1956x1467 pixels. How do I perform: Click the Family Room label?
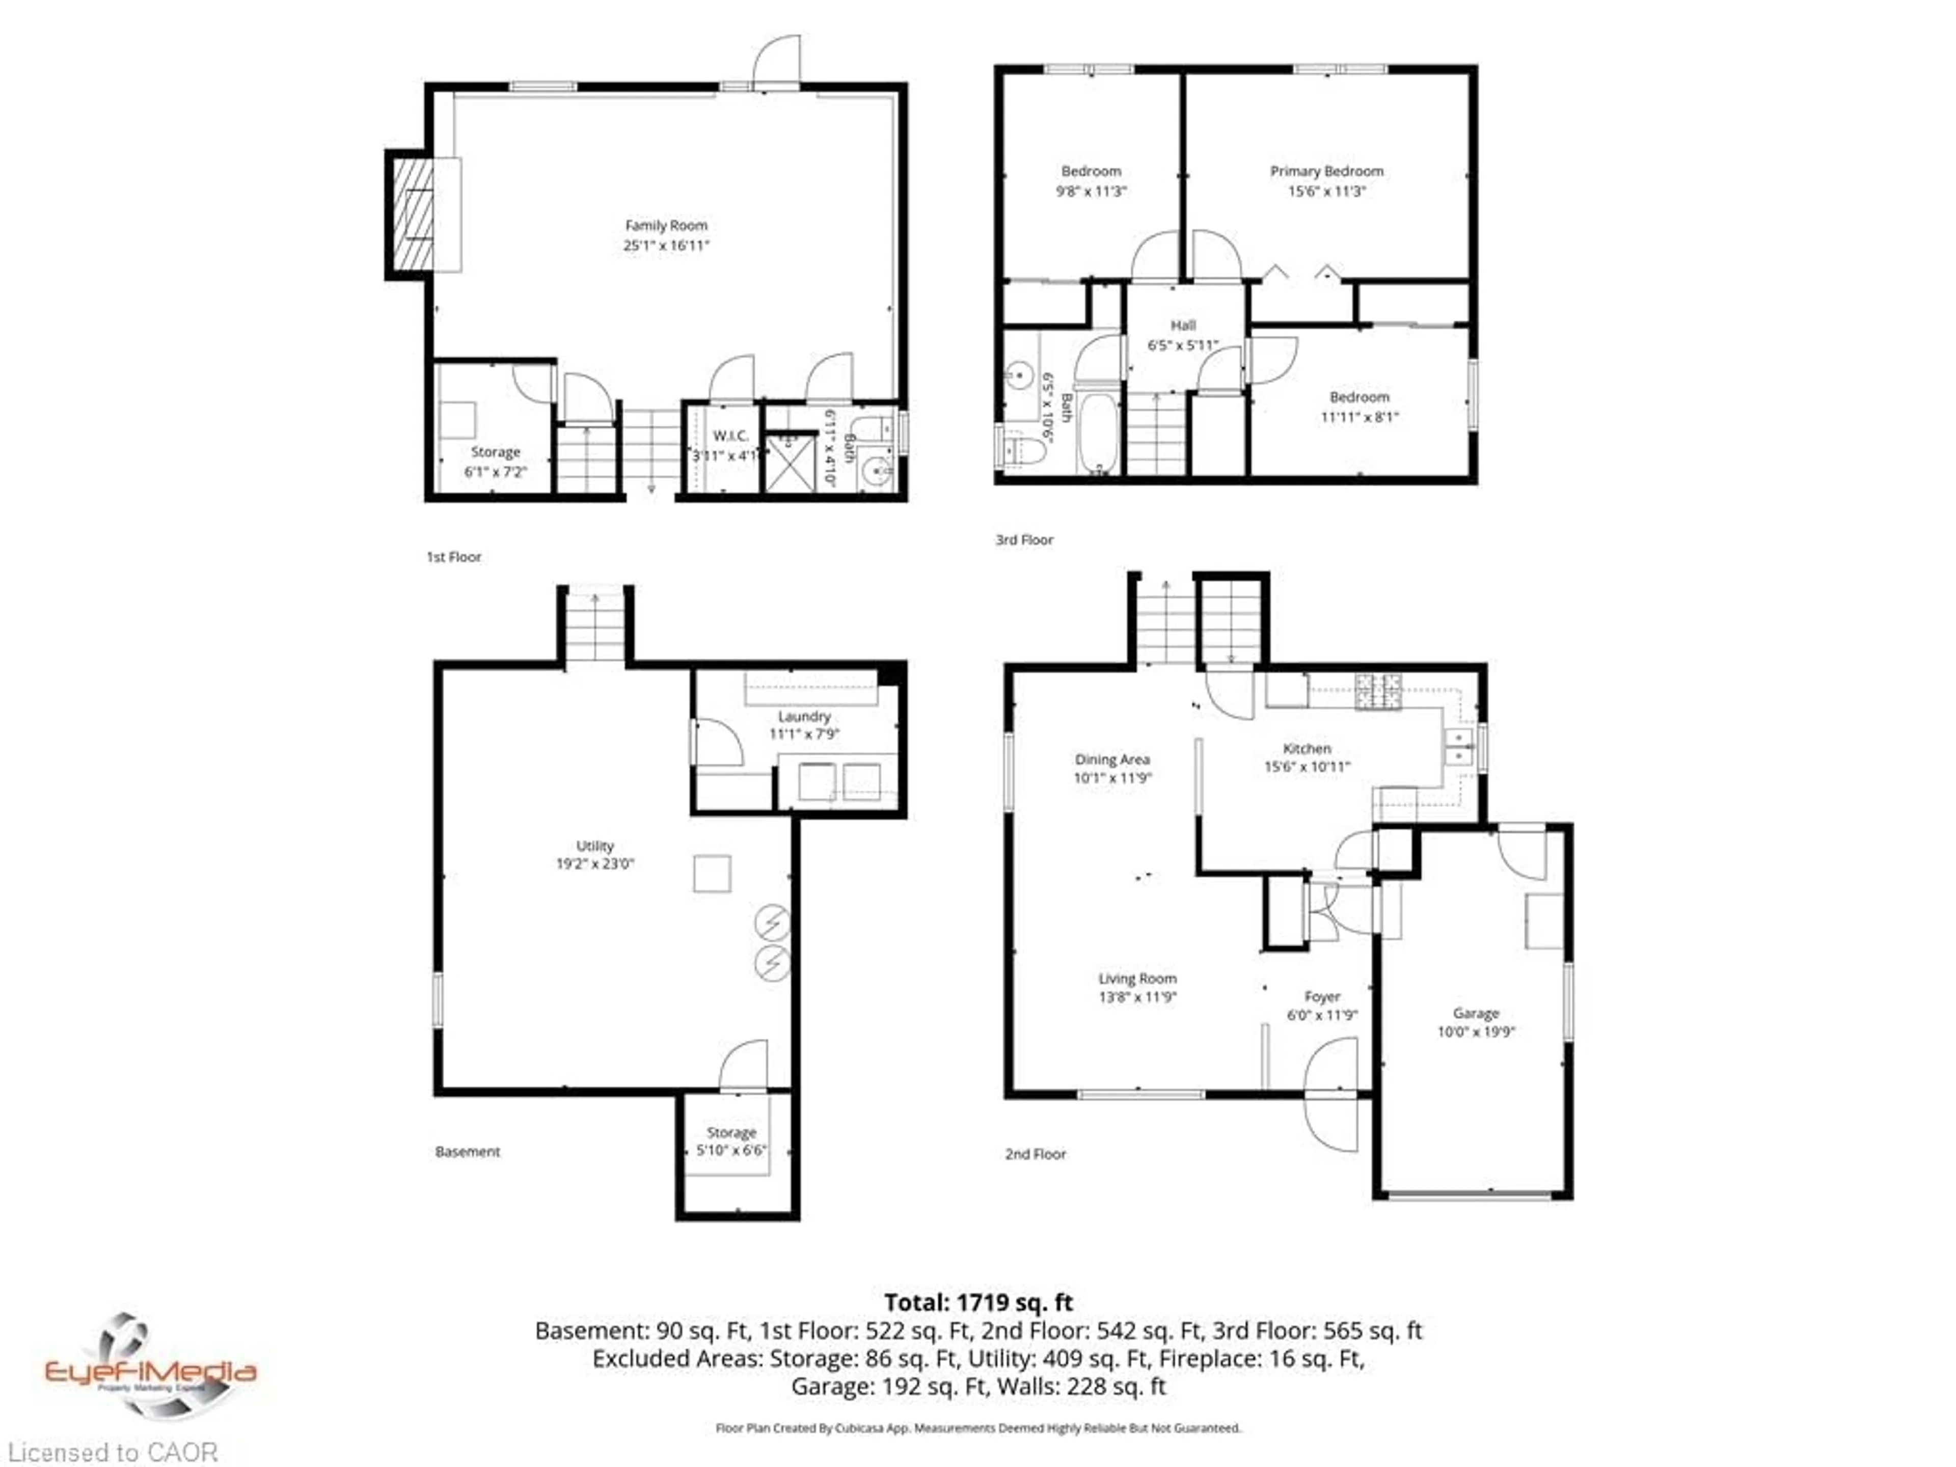pyautogui.click(x=666, y=226)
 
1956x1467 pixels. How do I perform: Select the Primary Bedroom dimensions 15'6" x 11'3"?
pyautogui.click(x=1326, y=191)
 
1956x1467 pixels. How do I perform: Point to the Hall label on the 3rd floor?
pyautogui.click(x=1183, y=325)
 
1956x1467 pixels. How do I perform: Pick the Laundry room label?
pyautogui.click(x=804, y=716)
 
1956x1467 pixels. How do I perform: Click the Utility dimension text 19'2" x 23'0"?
pyautogui.click(x=594, y=864)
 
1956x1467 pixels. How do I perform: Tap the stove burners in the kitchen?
pyautogui.click(x=1378, y=692)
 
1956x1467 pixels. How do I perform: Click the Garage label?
pyautogui.click(x=1476, y=1013)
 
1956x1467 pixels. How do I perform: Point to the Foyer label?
pyautogui.click(x=1322, y=996)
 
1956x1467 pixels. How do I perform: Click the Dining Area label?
pyautogui.click(x=1111, y=759)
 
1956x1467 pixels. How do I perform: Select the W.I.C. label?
pyautogui.click(x=730, y=436)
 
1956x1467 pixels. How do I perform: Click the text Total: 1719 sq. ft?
pyautogui.click(x=978, y=1302)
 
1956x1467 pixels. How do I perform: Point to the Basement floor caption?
pyautogui.click(x=467, y=1151)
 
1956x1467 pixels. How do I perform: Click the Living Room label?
pyautogui.click(x=1137, y=979)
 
